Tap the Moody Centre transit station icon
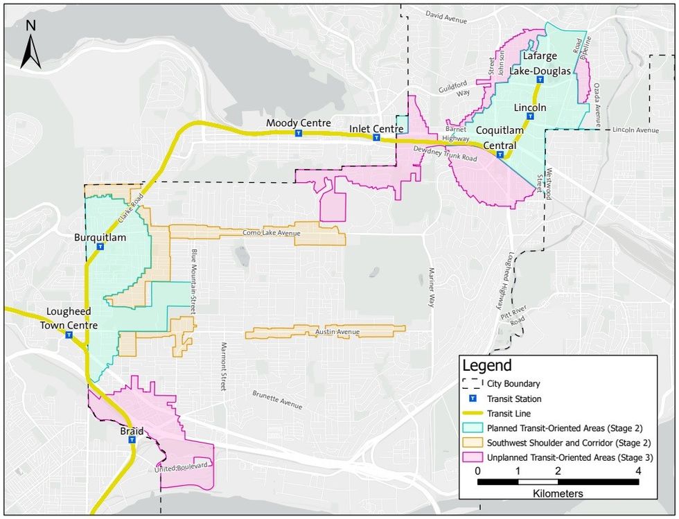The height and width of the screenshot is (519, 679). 299,134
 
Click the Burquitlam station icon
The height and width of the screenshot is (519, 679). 100,246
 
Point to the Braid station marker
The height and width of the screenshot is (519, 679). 131,439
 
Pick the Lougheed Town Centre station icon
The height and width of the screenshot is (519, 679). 69,335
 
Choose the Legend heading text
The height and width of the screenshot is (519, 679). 486,366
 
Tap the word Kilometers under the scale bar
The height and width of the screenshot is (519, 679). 558,493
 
